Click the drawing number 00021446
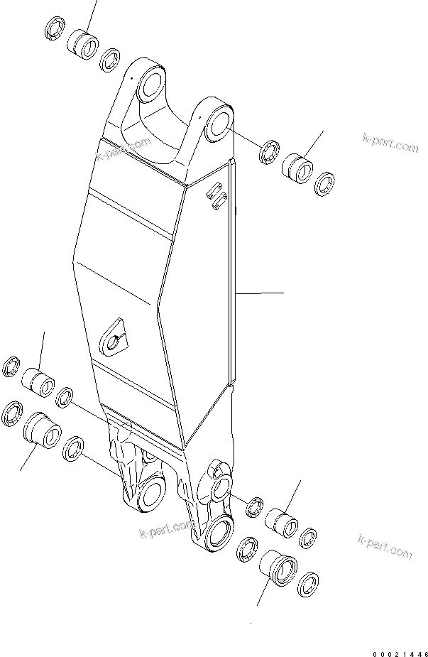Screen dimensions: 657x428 coord(399,651)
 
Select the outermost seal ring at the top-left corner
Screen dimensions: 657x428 coord(54,31)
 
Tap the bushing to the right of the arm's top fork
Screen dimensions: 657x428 coord(297,168)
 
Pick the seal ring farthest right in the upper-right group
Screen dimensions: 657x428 coord(326,183)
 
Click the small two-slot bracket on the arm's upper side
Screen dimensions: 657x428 coord(216,197)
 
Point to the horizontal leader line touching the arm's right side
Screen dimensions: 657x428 coord(259,292)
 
